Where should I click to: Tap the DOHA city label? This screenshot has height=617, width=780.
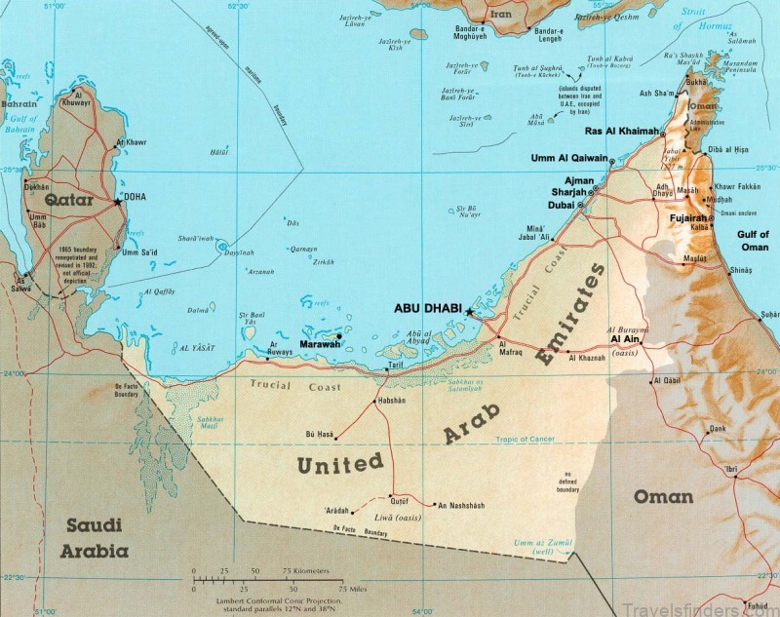point(134,197)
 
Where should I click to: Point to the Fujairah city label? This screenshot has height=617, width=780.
point(686,218)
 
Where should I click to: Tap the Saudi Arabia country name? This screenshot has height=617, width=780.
point(97,537)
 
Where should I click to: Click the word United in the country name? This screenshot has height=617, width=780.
point(340,466)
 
